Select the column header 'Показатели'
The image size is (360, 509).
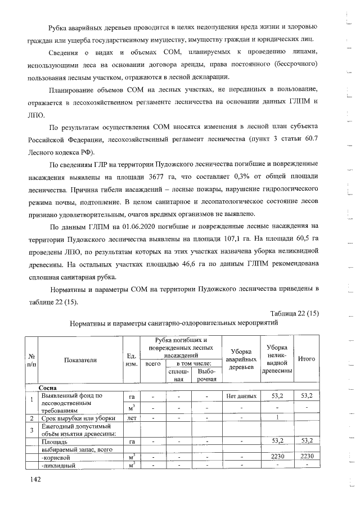point(81,360)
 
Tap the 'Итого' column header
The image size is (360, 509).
point(306,359)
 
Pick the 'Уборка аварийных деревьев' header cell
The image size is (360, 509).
point(241,359)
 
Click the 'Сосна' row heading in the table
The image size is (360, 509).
point(49,388)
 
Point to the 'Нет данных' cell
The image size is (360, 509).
point(241,396)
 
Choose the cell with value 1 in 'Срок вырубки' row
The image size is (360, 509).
point(277,418)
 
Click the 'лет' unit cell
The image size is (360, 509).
point(130,418)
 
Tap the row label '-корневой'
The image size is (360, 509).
point(54,456)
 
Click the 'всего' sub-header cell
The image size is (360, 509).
point(153,364)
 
